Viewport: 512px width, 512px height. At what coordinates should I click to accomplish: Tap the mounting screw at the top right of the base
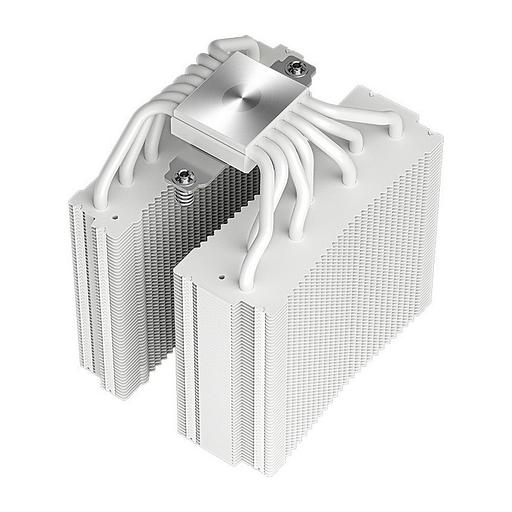[297, 69]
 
